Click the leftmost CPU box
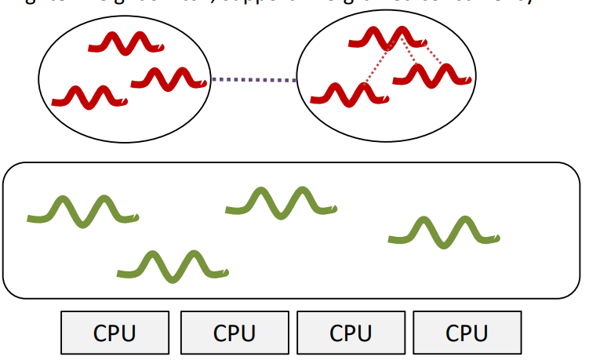point(115,333)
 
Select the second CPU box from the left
point(234,333)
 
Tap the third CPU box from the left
point(350,333)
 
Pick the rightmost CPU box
point(467,333)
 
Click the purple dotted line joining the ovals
point(253,79)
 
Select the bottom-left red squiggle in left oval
point(89,96)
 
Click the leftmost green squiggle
point(83,210)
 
